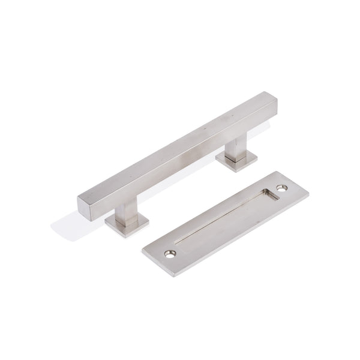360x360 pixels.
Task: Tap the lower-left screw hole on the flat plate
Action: point(169,254)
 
